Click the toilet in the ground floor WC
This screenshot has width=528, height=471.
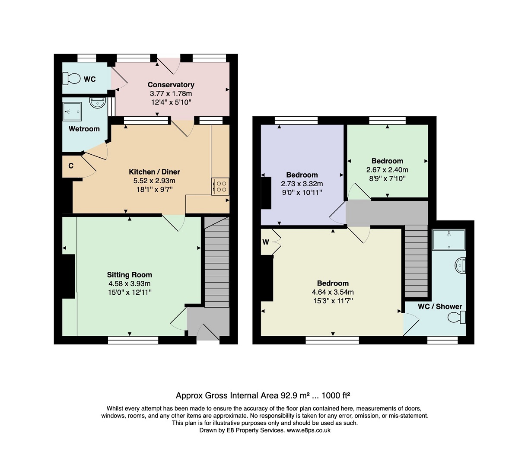71,79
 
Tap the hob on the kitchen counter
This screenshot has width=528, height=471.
220,186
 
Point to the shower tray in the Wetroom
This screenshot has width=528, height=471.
72,111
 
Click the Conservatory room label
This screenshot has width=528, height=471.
171,85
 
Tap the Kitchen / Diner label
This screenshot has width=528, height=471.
154,172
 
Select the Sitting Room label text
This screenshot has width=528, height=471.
130,275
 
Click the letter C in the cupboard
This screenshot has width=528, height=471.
71,166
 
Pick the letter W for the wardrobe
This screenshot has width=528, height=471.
266,242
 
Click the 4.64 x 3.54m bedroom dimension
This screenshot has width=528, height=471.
333,292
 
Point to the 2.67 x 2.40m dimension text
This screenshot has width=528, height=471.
387,170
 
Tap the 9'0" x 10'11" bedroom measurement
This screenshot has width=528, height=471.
302,193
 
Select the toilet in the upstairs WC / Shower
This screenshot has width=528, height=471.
456,318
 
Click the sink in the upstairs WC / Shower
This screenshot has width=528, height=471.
460,266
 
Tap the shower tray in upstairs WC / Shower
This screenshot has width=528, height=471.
448,240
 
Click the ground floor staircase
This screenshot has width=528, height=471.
216,262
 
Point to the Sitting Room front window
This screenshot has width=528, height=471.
133,340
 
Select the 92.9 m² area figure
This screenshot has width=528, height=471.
295,395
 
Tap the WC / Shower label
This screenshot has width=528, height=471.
440,306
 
